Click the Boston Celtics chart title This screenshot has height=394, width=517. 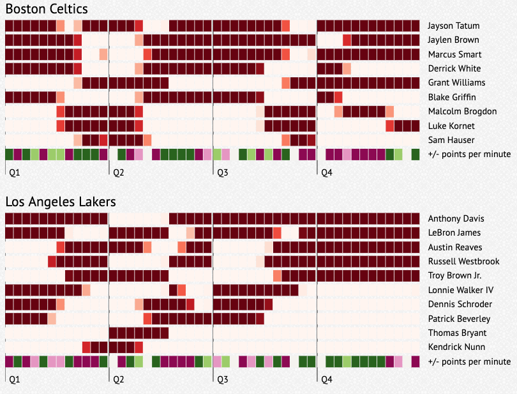click(47, 9)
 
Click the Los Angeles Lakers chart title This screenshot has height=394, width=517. click(61, 202)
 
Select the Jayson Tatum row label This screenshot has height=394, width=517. click(454, 26)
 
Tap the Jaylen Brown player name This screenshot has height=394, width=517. click(453, 40)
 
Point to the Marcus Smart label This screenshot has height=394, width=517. click(454, 54)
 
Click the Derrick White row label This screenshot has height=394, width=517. click(454, 68)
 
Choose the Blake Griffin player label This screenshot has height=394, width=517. click(452, 97)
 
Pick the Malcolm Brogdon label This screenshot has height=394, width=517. click(462, 111)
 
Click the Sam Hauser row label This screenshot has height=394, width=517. click(451, 140)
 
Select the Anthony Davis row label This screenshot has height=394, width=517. click(455, 219)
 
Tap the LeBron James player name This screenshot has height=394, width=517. click(454, 233)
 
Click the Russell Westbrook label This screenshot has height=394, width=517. click(463, 261)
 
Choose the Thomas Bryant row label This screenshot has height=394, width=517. click(457, 333)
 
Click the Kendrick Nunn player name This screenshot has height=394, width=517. click(456, 347)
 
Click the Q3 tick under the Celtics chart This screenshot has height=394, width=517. click(223, 172)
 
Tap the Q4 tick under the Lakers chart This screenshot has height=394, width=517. click(326, 379)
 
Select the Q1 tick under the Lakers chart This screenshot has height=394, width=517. click(14, 379)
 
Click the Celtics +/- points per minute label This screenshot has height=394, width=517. click(469, 155)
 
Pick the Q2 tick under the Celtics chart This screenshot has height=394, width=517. click(118, 172)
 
